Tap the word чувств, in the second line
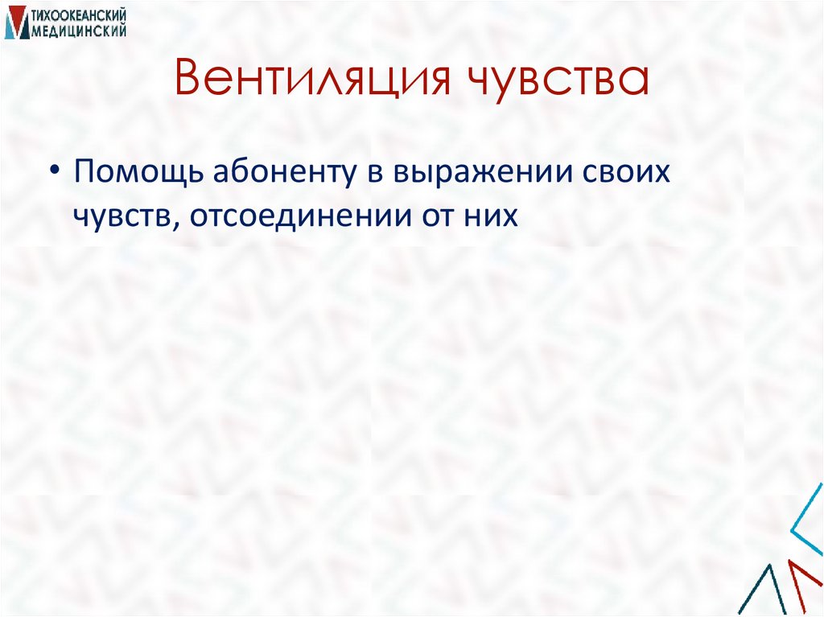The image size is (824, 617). coord(125,216)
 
